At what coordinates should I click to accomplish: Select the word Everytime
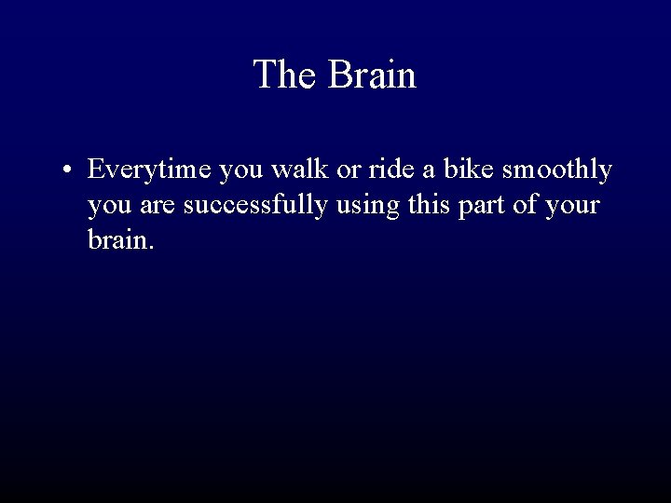(149, 170)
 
